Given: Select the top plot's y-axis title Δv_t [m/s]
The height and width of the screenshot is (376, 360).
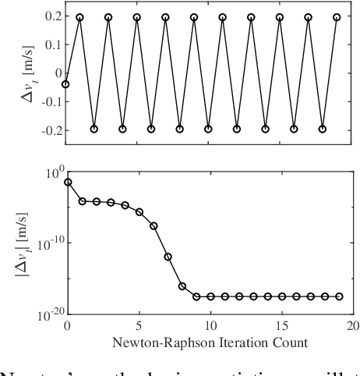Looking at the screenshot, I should [x=19, y=73].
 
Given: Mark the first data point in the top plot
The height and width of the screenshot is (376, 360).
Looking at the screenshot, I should [x=65, y=84].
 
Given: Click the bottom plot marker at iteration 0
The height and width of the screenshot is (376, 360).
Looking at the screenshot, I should [x=67, y=182].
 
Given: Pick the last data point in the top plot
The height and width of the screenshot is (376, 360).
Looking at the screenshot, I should [x=337, y=17].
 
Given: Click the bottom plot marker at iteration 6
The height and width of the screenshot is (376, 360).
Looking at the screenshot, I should [x=154, y=226].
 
